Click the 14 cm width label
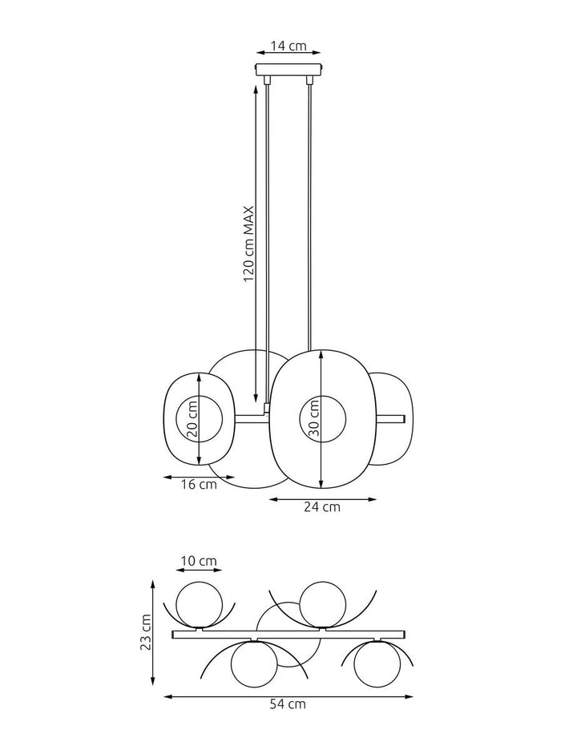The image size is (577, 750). [x=288, y=46]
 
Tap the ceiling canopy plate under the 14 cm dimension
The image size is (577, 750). [x=288, y=71]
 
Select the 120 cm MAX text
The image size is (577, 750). [x=248, y=244]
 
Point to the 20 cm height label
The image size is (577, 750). [x=192, y=419]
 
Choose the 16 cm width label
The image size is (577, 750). [x=199, y=484]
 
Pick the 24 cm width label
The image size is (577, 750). [x=321, y=506]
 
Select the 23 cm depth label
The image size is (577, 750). [x=146, y=634]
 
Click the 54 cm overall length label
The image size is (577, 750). [x=288, y=705]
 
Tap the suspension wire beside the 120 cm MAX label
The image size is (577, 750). [x=267, y=240]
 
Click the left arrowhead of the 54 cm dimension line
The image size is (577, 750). [x=166, y=697]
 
